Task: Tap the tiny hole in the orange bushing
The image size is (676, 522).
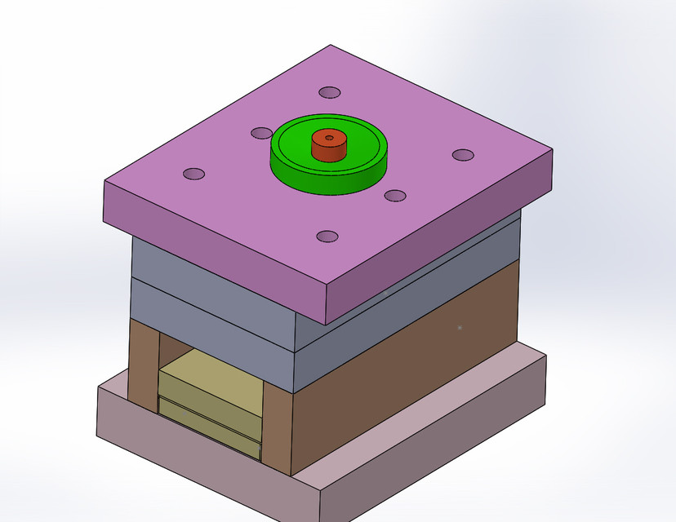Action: pyautogui.click(x=329, y=139)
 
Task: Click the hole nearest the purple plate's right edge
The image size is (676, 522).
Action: pyautogui.click(x=463, y=154)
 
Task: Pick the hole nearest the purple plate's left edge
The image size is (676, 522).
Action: pyautogui.click(x=193, y=174)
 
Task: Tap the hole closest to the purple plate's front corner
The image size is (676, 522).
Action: pyautogui.click(x=327, y=237)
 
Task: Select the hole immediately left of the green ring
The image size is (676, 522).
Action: pyautogui.click(x=261, y=133)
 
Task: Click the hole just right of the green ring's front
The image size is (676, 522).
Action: pyautogui.click(x=395, y=195)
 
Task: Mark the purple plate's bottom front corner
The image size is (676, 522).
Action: pyautogui.click(x=328, y=322)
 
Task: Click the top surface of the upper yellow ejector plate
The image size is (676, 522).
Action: pyautogui.click(x=208, y=375)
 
